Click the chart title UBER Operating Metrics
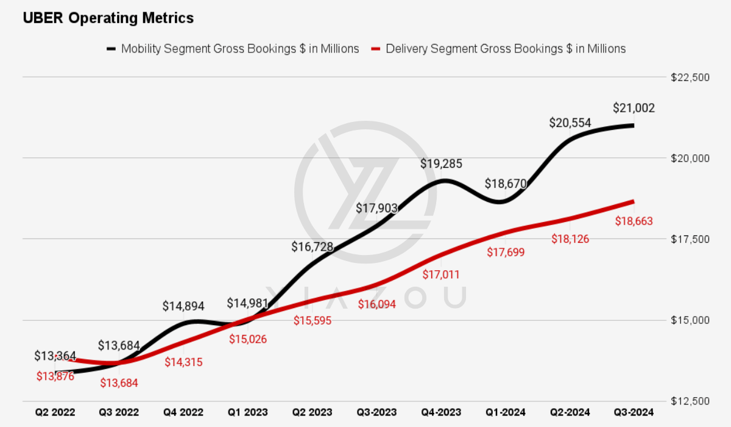coord(108,18)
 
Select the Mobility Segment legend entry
coord(233,49)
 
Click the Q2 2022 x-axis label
coord(55,413)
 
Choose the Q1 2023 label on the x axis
coord(247,413)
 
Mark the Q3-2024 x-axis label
coord(634,413)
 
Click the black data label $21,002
coord(634,109)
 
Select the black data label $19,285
coord(441,164)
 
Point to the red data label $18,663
coord(634,221)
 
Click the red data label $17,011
coord(441,275)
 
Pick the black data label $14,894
coord(183,306)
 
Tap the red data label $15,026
coord(247,339)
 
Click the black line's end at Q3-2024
coord(633,126)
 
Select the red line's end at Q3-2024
coord(633,201)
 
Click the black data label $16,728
coord(313,246)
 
